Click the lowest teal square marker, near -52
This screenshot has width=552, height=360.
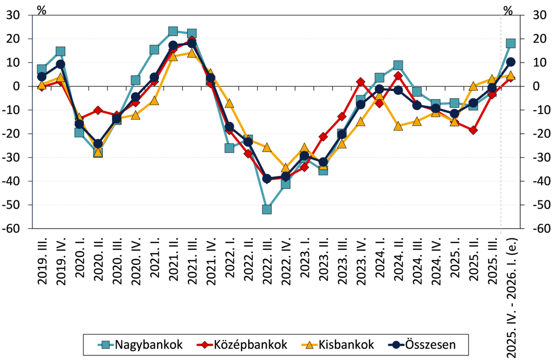coord(267,209)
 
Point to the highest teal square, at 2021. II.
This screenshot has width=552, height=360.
coord(173,31)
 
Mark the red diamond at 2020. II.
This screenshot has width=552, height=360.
coord(98,111)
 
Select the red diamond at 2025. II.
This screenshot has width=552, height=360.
coord(473,131)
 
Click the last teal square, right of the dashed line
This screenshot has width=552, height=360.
coord(511,43)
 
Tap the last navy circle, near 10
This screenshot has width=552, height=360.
coord(511,62)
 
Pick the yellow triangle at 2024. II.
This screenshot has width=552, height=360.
coord(398,126)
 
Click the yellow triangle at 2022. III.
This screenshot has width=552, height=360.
coord(267,147)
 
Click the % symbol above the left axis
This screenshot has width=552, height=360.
coord(42,10)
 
